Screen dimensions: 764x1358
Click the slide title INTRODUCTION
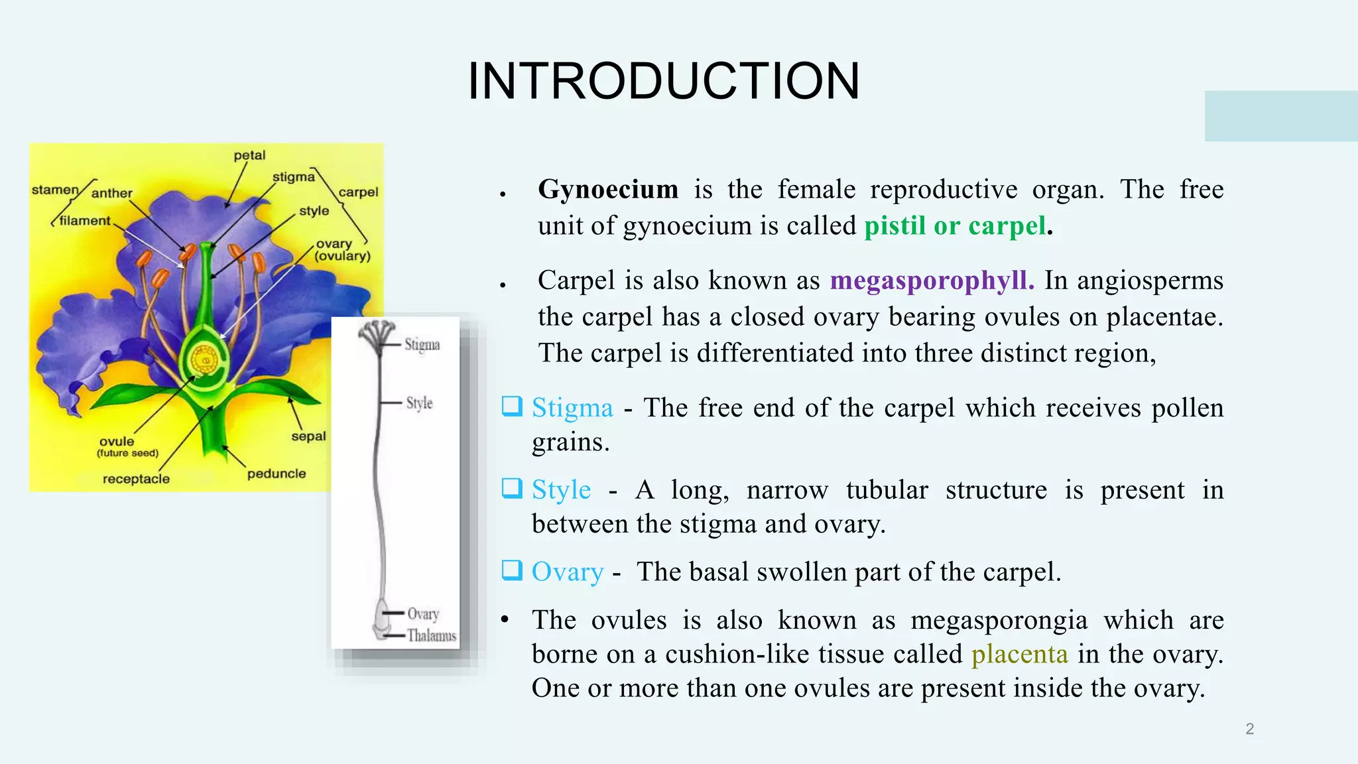664,81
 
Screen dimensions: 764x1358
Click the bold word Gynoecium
607,190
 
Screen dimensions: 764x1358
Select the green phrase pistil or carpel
955,226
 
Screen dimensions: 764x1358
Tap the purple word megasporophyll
931,281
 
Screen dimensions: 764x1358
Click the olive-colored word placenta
1019,655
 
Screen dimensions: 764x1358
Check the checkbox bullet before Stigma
512,406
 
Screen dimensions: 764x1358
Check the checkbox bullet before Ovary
512,570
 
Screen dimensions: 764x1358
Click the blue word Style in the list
561,490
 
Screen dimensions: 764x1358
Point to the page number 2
1249,729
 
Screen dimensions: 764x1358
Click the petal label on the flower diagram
249,155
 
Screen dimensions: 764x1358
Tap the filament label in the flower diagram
85,221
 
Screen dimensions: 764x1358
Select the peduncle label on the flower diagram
277,474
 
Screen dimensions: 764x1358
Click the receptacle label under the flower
136,479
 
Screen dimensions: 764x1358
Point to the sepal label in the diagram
308,436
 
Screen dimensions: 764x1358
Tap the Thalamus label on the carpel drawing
431,635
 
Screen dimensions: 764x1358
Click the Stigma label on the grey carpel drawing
422,344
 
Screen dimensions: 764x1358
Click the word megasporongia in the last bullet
999,621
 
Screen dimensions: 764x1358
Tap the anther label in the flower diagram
111,193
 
